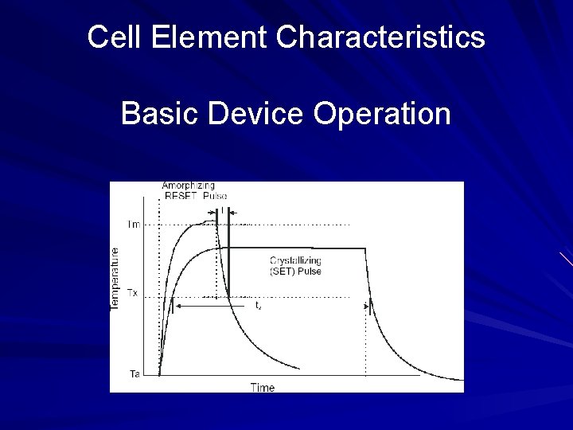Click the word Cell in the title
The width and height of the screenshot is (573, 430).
(x=109, y=37)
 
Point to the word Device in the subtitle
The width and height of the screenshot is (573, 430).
(x=255, y=114)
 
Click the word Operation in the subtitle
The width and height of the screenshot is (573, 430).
(x=382, y=114)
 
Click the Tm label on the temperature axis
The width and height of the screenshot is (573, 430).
(x=134, y=225)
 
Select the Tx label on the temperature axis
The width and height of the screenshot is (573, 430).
(x=133, y=293)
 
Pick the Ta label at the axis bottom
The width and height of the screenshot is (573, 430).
(x=134, y=373)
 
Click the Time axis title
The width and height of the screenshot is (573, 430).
(x=262, y=388)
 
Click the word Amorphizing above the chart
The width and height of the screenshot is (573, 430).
(x=189, y=186)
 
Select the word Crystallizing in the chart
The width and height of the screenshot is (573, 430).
(x=295, y=260)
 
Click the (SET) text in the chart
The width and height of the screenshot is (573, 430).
(x=283, y=271)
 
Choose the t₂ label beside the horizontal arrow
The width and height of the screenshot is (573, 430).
(x=258, y=305)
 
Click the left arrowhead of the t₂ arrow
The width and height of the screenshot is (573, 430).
(x=178, y=305)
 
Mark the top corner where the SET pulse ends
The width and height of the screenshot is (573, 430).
(x=365, y=248)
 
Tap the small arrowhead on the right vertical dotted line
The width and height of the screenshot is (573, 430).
(x=367, y=305)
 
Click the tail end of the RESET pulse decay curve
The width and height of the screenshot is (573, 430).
(x=298, y=368)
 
